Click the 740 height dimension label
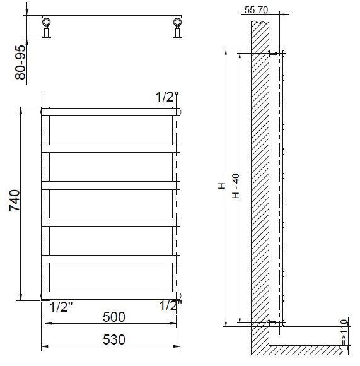click(15, 201)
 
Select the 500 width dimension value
click(114, 317)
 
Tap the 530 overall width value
click(114, 339)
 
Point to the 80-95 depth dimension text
click(20, 62)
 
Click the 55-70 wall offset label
click(256, 10)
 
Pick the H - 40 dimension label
click(236, 186)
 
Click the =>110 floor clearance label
click(344, 332)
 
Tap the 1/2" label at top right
click(167, 97)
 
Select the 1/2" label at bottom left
click(62, 307)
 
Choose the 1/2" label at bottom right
click(170, 306)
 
